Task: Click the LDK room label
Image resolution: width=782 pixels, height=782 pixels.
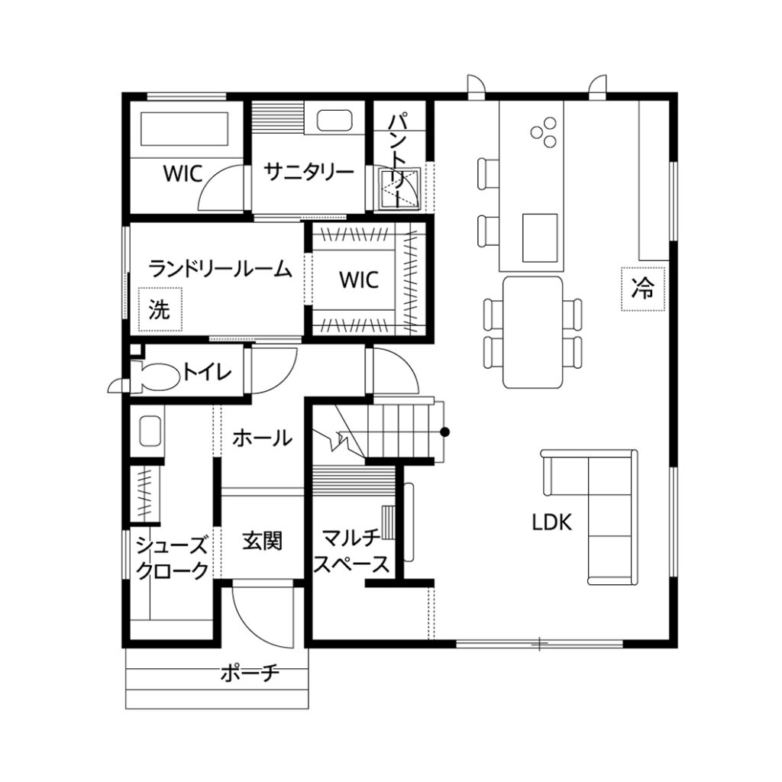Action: [551, 522]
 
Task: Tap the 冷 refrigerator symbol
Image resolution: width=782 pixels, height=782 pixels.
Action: [643, 289]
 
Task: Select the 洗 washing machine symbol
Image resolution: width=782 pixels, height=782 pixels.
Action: [160, 309]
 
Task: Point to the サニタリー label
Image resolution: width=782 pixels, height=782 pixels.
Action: [309, 172]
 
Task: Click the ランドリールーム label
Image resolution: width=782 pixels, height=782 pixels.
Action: [220, 269]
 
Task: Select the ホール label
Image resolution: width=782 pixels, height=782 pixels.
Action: [263, 438]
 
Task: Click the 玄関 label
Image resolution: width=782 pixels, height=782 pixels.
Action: [263, 541]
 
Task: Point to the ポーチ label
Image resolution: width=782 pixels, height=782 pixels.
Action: [250, 674]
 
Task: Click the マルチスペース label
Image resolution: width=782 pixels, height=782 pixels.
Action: [351, 551]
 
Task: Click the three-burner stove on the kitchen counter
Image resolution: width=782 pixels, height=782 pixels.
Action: [544, 131]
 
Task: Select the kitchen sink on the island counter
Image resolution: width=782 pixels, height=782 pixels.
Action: [540, 238]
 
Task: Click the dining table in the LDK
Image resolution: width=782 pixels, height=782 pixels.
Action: [532, 332]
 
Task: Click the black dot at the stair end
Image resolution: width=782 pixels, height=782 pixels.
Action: [445, 432]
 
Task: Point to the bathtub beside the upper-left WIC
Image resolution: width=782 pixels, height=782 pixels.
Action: [185, 128]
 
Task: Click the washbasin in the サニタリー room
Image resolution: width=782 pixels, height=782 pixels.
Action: [334, 121]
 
